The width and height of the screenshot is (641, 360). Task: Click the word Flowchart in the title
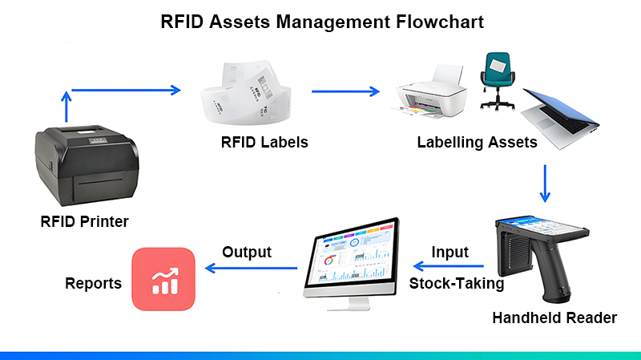pos(440,22)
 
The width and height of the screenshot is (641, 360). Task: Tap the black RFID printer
pos(87,165)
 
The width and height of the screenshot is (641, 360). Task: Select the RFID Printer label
pos(85,221)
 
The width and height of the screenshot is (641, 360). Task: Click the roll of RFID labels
pos(246,93)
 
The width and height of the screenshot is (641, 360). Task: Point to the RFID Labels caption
pos(264,142)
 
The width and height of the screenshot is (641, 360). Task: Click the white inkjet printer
pos(431,93)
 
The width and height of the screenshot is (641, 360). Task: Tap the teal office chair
pos(497,81)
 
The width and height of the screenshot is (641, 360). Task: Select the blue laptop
pos(560,118)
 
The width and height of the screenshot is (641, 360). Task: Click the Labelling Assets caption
pos(477,143)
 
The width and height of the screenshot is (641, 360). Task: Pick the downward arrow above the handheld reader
pos(545,184)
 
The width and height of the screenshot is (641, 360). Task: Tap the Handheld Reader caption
pos(554,318)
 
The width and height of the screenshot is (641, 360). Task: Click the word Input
pos(450,253)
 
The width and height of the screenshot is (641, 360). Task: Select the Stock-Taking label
pos(457,283)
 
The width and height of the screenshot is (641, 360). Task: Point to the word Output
pos(247,252)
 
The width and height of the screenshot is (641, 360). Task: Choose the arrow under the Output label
pos(251,269)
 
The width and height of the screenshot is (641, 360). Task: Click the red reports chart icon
pos(163,279)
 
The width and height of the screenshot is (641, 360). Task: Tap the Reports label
pos(93,283)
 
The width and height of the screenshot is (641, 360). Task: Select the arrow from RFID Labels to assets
pos(346,91)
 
